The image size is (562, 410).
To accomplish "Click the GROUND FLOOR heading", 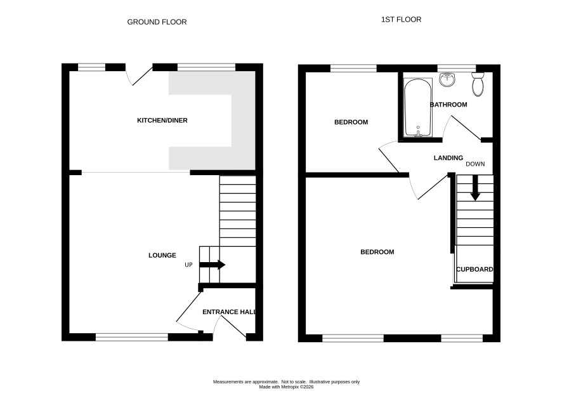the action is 157,22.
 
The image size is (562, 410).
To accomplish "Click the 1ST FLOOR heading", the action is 401,20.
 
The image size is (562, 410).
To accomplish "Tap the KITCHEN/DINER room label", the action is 162,121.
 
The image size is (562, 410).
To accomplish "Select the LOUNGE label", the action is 162,255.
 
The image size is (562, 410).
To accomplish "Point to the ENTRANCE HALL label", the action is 230,312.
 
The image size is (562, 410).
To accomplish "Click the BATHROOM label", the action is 448,105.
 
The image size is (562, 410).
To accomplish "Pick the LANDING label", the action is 448,158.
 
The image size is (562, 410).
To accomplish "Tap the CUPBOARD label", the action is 474,269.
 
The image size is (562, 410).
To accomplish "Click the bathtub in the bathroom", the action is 418,108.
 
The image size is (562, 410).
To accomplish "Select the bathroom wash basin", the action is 447,79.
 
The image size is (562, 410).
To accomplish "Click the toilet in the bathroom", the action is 478,84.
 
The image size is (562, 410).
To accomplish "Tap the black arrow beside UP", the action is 212,265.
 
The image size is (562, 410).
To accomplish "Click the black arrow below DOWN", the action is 475,188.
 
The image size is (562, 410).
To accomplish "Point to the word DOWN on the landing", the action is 475,164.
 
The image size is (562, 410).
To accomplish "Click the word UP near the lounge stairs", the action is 188,265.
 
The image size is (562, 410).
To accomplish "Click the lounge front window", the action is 132,337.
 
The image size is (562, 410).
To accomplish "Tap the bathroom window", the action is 457,68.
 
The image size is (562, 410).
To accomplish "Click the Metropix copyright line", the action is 286,387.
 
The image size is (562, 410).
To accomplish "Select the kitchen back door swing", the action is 139,76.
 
